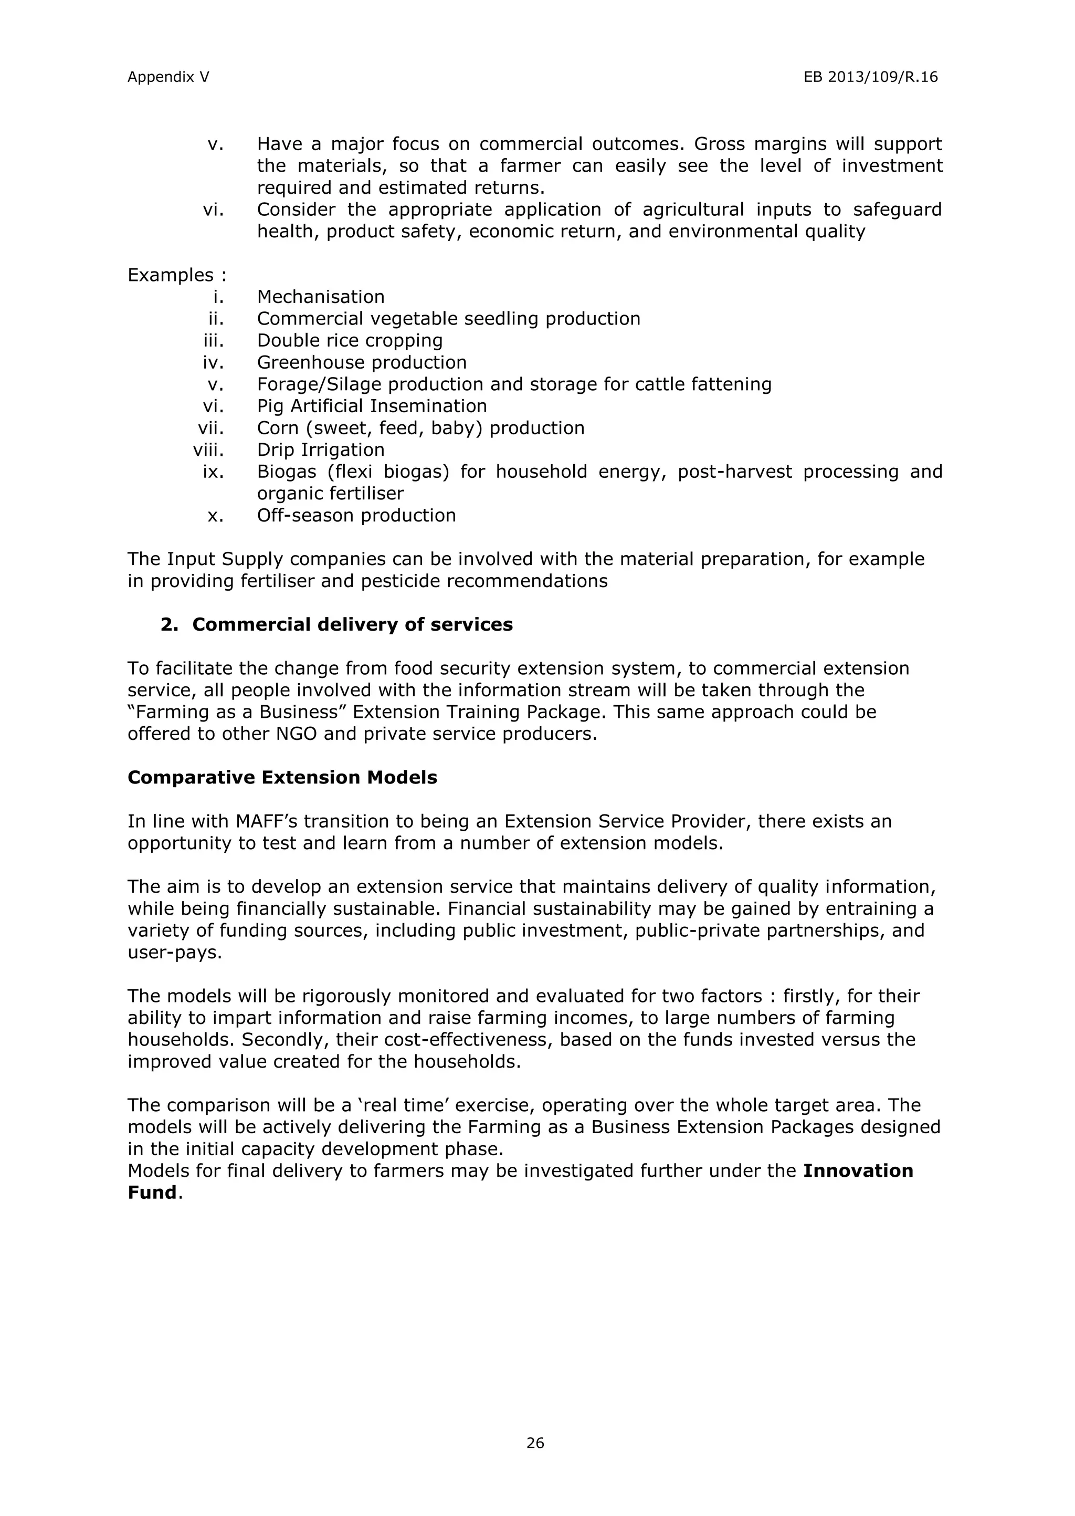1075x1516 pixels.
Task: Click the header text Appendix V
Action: coord(168,78)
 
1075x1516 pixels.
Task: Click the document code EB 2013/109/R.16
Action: coord(870,78)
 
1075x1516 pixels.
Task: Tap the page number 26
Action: coord(535,1443)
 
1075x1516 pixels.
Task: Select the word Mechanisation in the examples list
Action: coord(320,297)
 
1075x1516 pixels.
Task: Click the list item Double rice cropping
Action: coord(350,340)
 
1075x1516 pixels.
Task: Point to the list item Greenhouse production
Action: coord(362,362)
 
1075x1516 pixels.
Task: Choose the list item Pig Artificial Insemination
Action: coord(371,406)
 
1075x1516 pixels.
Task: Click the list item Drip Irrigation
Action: coord(320,449)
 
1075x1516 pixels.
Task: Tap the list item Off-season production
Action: coord(356,515)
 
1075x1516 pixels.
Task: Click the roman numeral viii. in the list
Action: coord(208,449)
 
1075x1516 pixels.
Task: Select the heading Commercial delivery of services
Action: coord(352,624)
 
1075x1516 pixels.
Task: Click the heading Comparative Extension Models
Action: coord(282,777)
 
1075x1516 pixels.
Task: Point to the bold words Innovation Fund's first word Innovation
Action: coord(858,1170)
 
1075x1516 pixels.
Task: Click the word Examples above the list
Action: coord(171,275)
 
